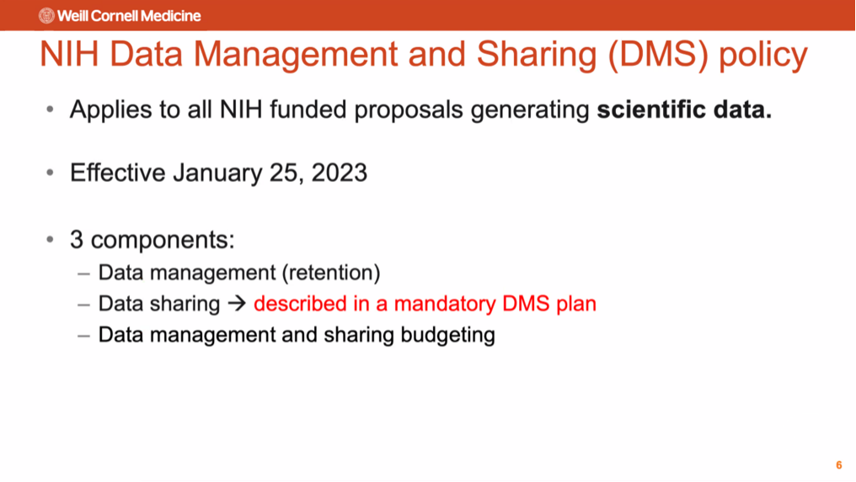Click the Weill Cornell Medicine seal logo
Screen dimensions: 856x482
(x=46, y=16)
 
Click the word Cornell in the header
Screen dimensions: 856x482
(x=112, y=16)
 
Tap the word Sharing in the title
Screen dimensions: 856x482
(x=537, y=54)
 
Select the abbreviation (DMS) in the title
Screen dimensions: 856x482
(x=658, y=54)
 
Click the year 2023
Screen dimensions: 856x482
(x=340, y=173)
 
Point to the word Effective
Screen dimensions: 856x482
(x=117, y=173)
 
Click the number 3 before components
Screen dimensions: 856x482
(x=77, y=239)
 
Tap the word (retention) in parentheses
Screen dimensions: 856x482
(x=331, y=272)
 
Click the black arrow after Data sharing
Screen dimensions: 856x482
(x=237, y=303)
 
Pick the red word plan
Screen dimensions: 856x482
(x=576, y=304)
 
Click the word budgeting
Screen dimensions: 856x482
(x=447, y=335)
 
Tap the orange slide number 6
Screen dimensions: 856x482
(x=839, y=465)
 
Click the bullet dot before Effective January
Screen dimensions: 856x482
(x=51, y=173)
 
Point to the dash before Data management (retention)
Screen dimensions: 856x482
(x=83, y=274)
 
